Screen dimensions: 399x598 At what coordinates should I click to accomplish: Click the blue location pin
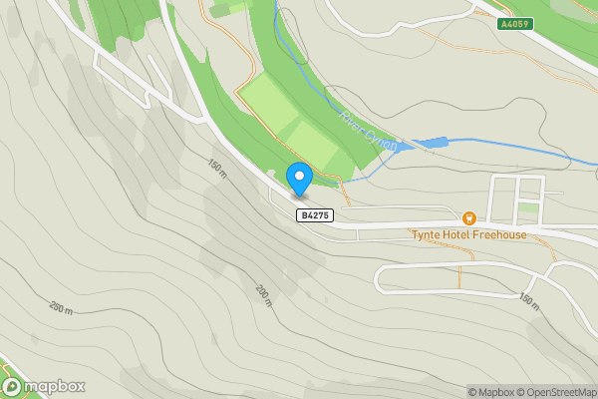tap(299, 178)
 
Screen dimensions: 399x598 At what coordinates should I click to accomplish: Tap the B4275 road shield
tap(314, 214)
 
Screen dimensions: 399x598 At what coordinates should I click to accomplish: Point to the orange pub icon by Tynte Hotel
tap(468, 217)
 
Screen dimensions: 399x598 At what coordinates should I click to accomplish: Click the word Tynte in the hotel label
tap(427, 235)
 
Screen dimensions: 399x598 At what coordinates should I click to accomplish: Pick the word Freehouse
tap(500, 235)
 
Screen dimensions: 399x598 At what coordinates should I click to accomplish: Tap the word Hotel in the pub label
tap(457, 235)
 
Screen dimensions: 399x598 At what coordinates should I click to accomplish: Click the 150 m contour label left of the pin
tap(218, 167)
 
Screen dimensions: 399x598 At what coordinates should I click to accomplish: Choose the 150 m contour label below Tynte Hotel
tap(528, 299)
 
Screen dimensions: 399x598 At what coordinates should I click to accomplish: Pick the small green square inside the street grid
tap(527, 212)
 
